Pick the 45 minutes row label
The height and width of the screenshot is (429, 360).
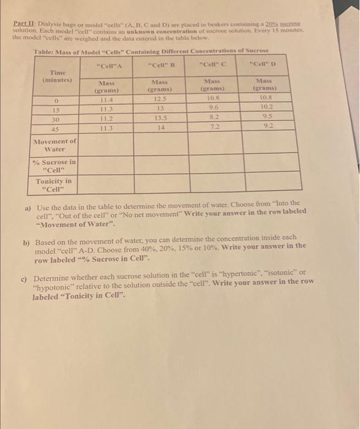[x=56, y=128]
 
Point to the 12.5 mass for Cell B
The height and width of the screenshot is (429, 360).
[x=159, y=99]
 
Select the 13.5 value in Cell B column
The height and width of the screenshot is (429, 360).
[x=159, y=119]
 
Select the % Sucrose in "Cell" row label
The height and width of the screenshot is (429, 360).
[x=54, y=165]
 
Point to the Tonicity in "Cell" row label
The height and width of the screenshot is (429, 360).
[x=54, y=184]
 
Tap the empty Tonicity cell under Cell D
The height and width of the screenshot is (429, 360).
[x=267, y=184]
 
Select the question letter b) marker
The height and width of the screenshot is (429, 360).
[x=26, y=243]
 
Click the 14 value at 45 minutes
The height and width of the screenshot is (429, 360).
[x=159, y=128]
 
